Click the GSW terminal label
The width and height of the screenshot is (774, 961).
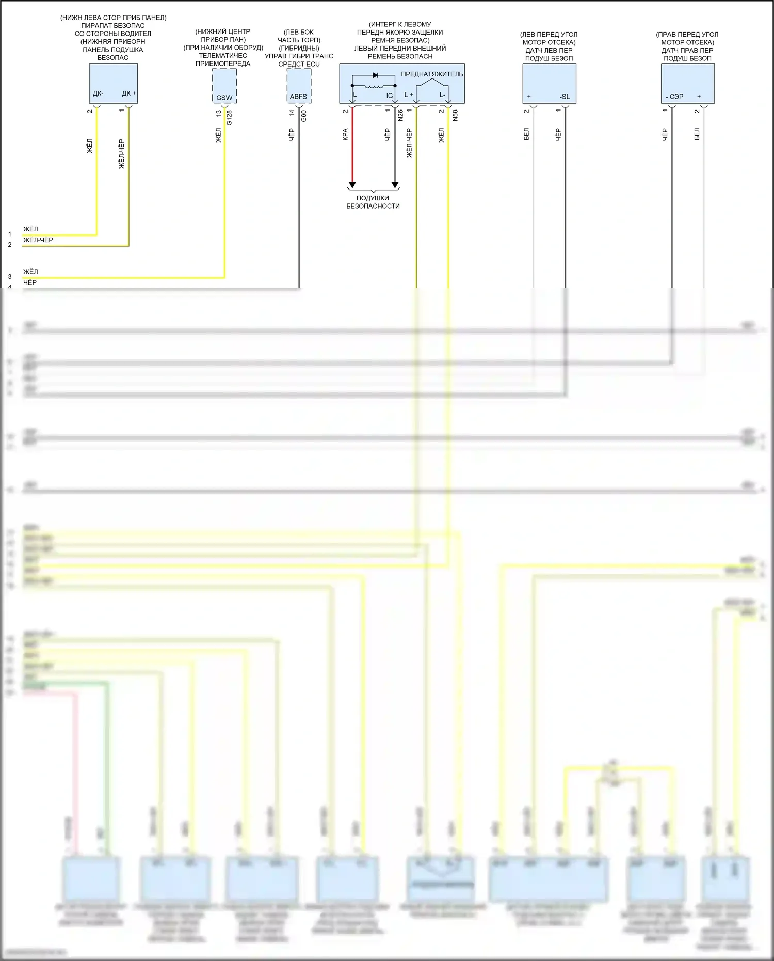(x=224, y=98)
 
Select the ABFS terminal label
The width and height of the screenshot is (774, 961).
(x=298, y=97)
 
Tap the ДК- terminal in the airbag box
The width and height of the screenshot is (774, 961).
(x=98, y=93)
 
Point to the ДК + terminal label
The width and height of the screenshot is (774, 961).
(x=129, y=93)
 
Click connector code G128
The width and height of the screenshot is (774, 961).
(x=230, y=118)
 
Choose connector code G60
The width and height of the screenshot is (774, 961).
(x=304, y=116)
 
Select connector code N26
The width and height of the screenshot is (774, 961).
(x=400, y=116)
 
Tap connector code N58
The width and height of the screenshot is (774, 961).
(x=455, y=116)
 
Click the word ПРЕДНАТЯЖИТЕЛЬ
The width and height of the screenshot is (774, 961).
(x=432, y=74)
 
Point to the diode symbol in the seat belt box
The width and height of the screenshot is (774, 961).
(x=375, y=75)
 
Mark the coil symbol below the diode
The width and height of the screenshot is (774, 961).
(x=374, y=86)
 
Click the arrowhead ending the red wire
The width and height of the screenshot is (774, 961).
(x=352, y=185)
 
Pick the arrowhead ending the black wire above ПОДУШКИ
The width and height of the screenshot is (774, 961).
(x=395, y=185)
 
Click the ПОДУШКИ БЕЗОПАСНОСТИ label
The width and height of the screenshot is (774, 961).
(x=373, y=202)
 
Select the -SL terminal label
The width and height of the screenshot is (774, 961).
(x=565, y=97)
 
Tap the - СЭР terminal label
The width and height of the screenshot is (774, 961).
(x=674, y=97)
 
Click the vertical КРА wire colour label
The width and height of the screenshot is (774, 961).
(x=345, y=134)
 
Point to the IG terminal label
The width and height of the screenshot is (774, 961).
(x=390, y=96)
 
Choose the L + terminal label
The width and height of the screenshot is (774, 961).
(x=409, y=95)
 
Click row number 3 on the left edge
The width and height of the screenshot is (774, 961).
(x=10, y=277)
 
